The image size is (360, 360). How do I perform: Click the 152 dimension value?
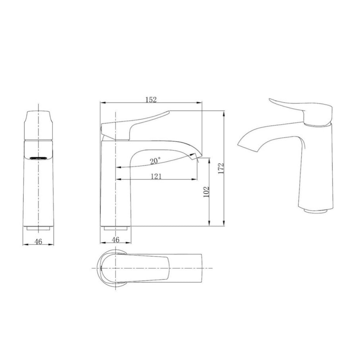coord(151,100)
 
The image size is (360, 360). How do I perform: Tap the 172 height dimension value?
coord(221,168)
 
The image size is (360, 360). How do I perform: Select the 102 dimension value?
coord(206,192)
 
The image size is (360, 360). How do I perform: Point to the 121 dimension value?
coord(156,176)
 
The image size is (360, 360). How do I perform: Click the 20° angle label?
coord(156,161)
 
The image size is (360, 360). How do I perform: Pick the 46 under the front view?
coord(39,242)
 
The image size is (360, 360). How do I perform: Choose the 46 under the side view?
coord(116,240)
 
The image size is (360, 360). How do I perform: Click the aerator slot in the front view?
coord(39,158)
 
